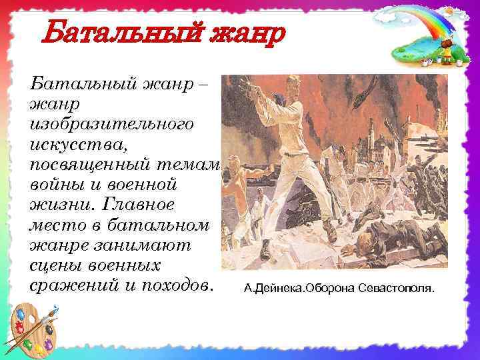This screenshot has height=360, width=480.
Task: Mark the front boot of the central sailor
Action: point(265,250)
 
